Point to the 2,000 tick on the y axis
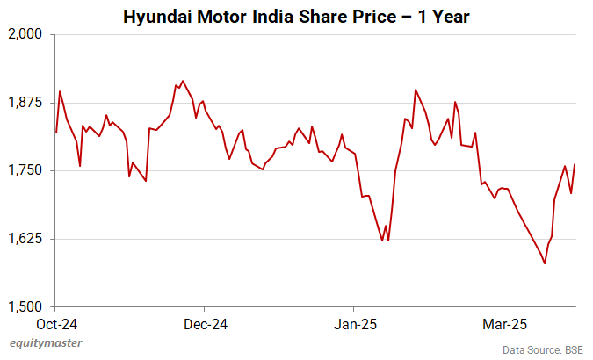tap(28, 34)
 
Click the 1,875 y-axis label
tap(28, 103)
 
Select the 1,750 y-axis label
tap(28, 170)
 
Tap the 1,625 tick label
tap(28, 239)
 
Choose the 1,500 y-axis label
tap(28, 306)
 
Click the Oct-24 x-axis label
tap(56, 324)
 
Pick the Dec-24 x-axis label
tap(205, 324)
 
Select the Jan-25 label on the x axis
tap(354, 324)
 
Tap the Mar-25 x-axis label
tap(503, 324)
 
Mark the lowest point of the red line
tap(545, 263)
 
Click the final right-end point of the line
tap(575, 164)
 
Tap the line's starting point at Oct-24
tap(56, 133)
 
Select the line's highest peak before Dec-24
tap(183, 81)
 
